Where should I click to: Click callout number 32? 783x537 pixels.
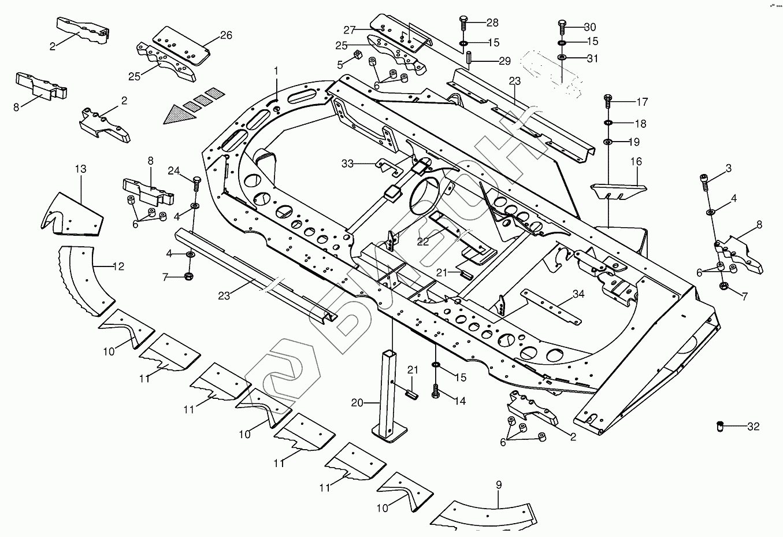(753, 427)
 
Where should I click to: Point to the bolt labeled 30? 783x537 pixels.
(562, 27)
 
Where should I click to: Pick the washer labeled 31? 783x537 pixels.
(562, 58)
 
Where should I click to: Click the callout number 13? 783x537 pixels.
(80, 169)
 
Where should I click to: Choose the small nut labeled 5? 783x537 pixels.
(358, 55)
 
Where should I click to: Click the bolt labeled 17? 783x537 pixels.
(607, 102)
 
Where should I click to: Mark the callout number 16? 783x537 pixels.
(636, 162)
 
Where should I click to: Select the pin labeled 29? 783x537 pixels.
(469, 58)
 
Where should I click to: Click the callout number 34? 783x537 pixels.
(578, 294)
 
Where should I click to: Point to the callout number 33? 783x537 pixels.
(347, 164)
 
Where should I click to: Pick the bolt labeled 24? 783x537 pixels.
(196, 183)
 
